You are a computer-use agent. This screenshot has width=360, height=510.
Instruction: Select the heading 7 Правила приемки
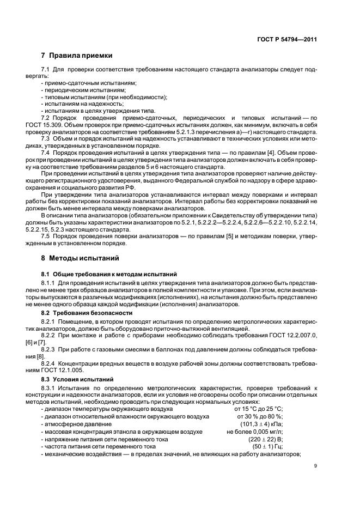coord(76,56)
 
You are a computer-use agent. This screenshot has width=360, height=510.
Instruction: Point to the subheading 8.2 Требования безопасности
coord(83,313)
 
